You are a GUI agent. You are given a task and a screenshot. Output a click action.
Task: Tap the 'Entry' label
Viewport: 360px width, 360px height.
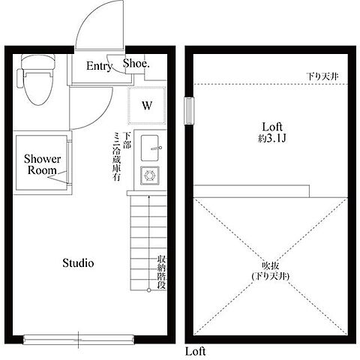point(99,66)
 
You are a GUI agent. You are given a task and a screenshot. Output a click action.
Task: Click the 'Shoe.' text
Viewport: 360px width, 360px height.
point(136,64)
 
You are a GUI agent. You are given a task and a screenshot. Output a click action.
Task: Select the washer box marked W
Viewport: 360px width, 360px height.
point(148,104)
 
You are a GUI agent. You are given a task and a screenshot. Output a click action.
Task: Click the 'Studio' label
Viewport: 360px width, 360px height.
point(77,263)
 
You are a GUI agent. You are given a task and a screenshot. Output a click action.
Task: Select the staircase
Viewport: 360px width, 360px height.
point(140,240)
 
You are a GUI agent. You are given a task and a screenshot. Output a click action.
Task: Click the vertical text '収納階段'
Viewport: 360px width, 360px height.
point(161,274)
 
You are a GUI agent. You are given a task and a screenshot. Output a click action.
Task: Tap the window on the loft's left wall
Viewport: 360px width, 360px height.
point(188,109)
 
